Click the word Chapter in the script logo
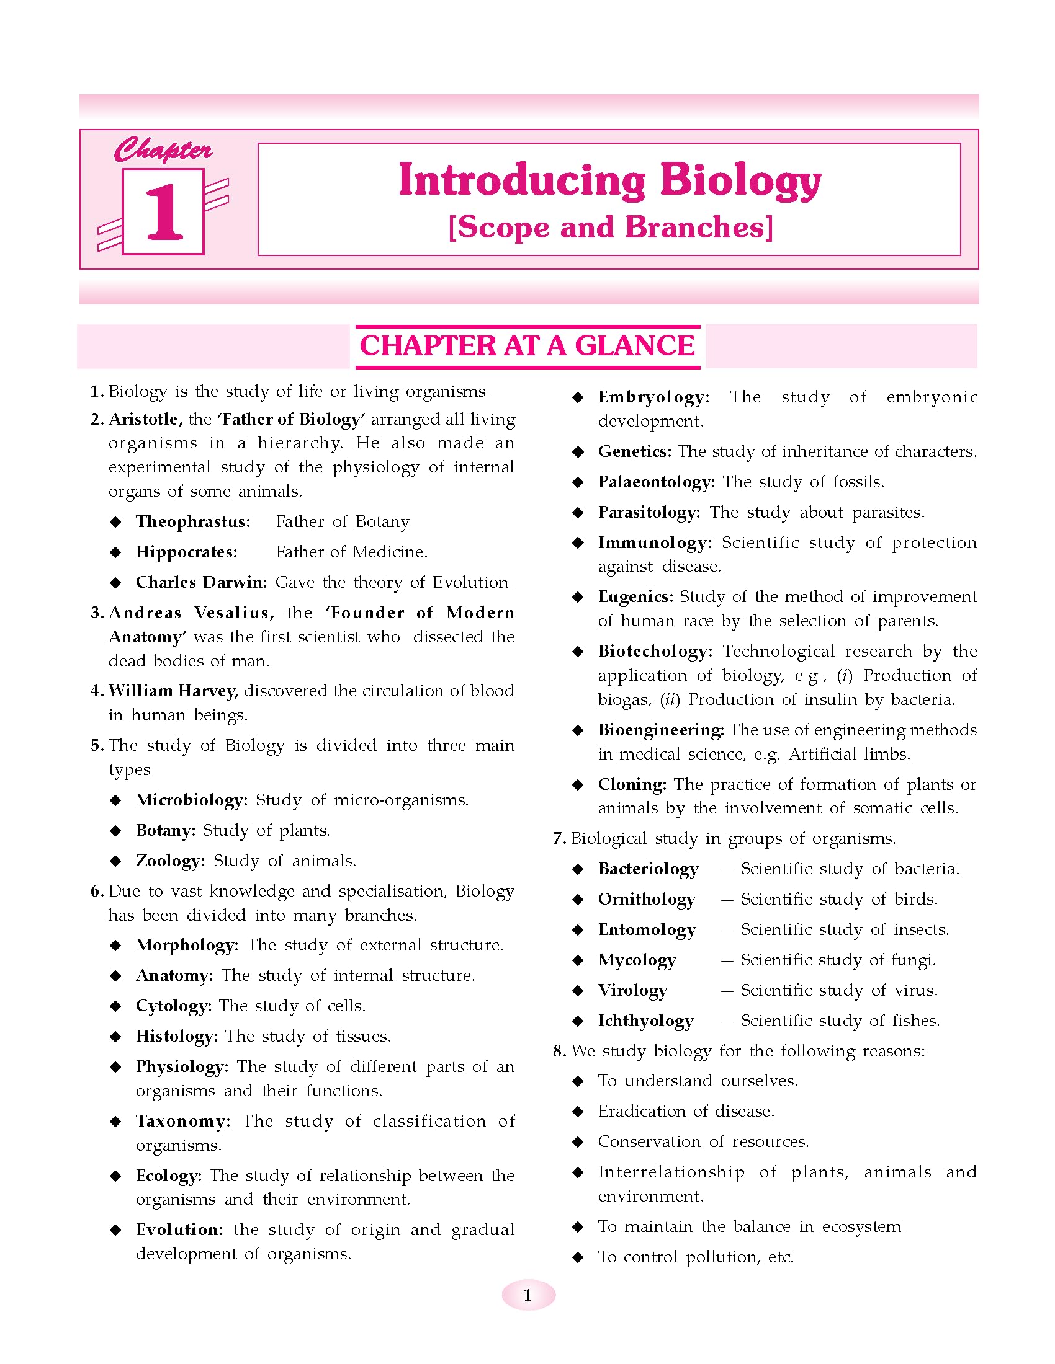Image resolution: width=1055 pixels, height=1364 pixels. point(163,151)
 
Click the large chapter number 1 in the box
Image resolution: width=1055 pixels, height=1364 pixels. point(164,211)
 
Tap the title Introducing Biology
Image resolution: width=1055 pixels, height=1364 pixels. point(609,180)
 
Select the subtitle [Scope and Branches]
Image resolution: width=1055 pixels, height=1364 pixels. point(611,228)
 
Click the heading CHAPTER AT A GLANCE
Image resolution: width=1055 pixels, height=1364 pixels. point(527,346)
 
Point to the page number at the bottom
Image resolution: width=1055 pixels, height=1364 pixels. point(527,1295)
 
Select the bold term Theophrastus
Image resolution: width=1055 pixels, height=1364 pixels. point(192,521)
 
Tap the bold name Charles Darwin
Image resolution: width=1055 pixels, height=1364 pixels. point(201,582)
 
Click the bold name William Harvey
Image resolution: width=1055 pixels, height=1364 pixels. point(173,691)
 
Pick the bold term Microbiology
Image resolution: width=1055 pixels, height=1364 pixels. point(191,800)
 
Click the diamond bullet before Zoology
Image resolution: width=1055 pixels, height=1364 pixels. point(115,861)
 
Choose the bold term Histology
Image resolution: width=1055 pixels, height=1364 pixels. point(176,1036)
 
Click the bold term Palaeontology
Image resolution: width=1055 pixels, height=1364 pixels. point(655,482)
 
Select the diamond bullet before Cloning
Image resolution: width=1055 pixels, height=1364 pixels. point(578,785)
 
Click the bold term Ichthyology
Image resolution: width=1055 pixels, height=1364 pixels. point(645,1021)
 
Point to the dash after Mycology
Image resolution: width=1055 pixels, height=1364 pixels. point(726,960)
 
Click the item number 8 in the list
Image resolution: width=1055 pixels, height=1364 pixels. point(559,1052)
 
